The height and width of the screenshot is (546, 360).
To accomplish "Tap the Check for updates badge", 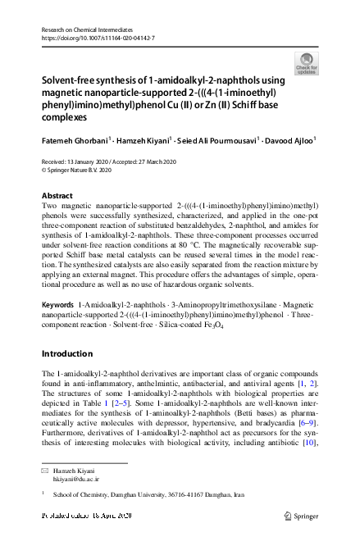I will pos(305,64).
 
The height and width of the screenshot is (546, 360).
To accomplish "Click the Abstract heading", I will pos(58,196).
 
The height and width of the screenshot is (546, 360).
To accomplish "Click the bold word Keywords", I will pos(57,303).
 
